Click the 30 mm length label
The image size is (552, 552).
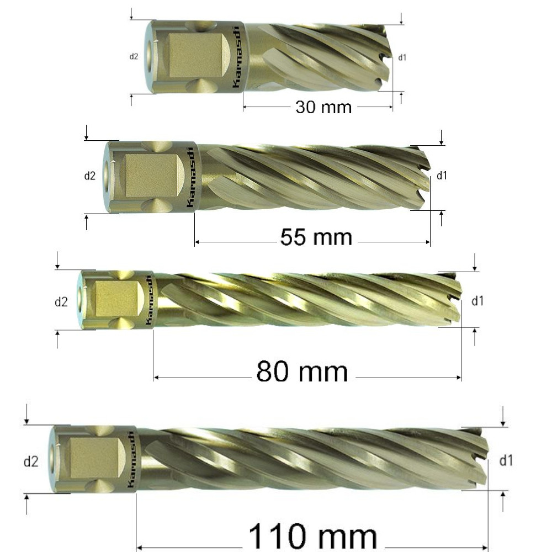click(x=323, y=107)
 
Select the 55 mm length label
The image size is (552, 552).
click(x=316, y=237)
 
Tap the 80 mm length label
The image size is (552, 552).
click(x=302, y=371)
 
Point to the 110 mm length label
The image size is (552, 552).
click(x=312, y=535)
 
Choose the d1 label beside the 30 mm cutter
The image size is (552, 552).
click(x=402, y=57)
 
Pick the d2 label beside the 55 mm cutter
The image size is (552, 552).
click(x=89, y=176)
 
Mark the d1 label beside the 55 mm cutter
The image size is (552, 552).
click(x=442, y=176)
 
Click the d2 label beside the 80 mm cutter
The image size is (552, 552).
click(x=61, y=302)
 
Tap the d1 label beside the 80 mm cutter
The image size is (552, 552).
click(x=477, y=301)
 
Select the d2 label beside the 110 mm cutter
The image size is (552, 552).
click(x=31, y=461)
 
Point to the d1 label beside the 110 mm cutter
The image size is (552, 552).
click(x=506, y=460)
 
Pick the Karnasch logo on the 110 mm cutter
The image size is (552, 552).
click(x=130, y=458)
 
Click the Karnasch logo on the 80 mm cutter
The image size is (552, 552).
click(x=149, y=300)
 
